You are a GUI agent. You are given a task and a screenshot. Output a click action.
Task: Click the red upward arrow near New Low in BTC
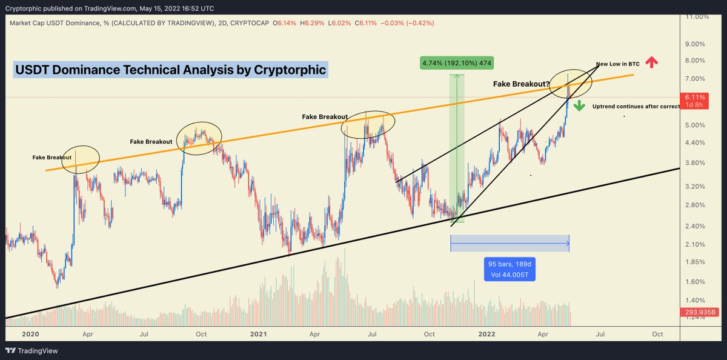coord(651,62)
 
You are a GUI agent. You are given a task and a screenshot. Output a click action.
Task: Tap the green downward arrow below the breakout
coord(579,106)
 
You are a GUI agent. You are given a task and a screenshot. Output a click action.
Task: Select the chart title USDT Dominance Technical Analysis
coord(170,70)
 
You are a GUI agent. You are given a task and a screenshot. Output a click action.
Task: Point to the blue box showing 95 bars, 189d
coord(509,269)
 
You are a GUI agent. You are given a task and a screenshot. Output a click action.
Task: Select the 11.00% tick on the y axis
coord(697,16)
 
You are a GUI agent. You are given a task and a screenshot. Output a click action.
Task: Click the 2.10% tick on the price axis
coord(697,244)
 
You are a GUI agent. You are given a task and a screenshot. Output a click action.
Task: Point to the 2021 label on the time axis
coord(259,334)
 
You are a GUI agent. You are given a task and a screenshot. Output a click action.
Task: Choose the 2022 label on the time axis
coord(489,334)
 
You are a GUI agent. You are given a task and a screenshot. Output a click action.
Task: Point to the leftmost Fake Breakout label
coord(52,158)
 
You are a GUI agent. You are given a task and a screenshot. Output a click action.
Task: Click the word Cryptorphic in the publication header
coord(25,8)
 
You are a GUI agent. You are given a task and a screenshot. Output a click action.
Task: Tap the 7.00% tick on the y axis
coord(697,79)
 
